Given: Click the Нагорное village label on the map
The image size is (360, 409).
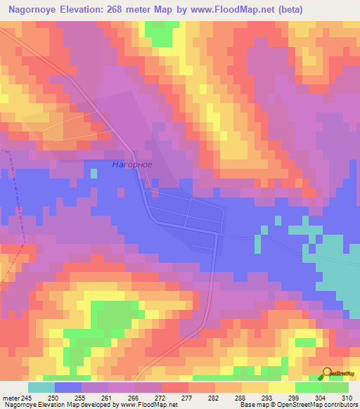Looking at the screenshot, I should tap(131, 164).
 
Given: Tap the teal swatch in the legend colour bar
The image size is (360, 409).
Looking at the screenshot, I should tap(41, 387).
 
